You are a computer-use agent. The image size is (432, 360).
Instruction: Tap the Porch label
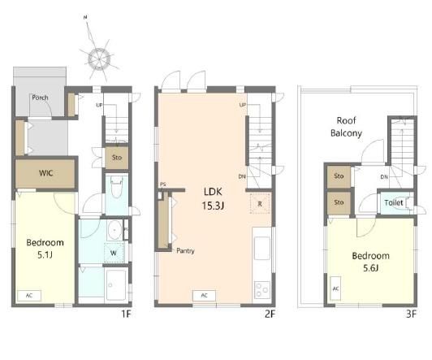pos(40,98)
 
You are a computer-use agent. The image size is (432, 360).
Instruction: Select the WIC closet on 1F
pos(45,173)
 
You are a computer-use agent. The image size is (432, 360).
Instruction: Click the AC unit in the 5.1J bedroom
pos(29,296)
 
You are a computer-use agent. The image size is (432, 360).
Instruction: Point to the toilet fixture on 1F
pos(117,187)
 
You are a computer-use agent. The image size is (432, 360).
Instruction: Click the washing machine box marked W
pos(114,253)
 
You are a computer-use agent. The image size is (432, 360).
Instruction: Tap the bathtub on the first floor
pos(116,284)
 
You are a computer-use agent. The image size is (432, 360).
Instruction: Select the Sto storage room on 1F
pos(117,158)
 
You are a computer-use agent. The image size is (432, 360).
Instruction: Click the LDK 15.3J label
pos(213,198)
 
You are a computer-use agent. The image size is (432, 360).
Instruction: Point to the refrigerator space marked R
pos(260,204)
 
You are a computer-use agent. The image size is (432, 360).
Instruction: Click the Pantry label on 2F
pos(185,251)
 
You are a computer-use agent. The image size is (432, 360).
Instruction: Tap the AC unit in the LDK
pos(204,296)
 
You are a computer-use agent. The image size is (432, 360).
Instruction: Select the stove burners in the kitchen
pos(262,290)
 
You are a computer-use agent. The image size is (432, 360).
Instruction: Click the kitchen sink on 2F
pos(262,248)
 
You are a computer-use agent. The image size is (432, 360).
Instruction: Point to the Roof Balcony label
pos(346,127)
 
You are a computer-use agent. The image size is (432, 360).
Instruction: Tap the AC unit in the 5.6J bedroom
pos(335,288)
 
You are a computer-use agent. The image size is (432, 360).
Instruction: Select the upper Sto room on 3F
pos(339,176)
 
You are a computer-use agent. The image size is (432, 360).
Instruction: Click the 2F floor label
pos(270,314)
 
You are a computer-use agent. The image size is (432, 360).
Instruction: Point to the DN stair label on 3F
pos(384,177)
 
